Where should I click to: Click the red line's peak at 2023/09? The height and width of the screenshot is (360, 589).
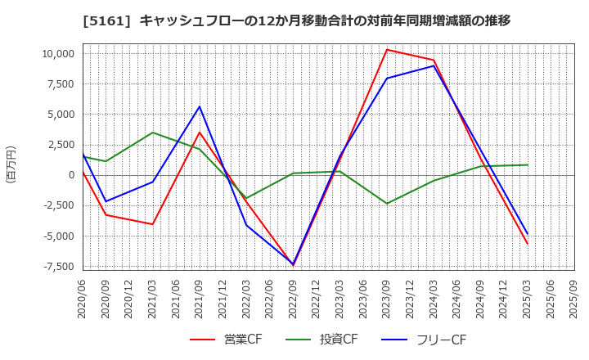(387, 49)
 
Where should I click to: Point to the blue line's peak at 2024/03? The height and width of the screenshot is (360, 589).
(434, 65)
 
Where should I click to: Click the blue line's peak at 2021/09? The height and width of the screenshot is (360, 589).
(200, 106)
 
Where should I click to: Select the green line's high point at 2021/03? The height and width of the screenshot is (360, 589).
(152, 133)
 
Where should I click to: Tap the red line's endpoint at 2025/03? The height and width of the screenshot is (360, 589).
(528, 244)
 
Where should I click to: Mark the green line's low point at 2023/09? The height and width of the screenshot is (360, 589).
(387, 204)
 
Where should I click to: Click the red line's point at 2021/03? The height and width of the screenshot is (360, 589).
(152, 224)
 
